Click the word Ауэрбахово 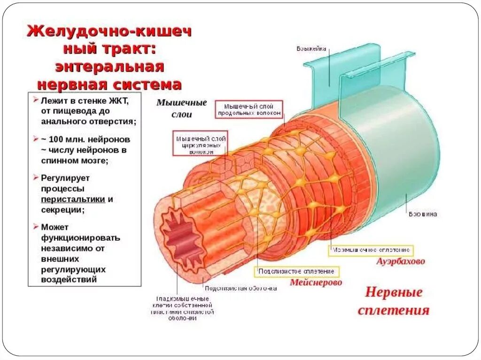click(400, 261)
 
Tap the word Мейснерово click(316, 283)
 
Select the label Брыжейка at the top click(311, 48)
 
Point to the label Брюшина click(423, 214)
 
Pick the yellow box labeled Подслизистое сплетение click(297, 271)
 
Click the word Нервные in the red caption click(394, 293)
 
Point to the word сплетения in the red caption click(394, 310)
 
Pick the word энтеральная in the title click(110, 67)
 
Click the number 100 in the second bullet click(57, 139)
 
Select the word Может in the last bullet click(54, 227)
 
